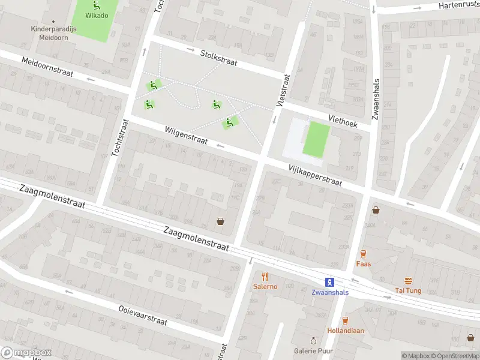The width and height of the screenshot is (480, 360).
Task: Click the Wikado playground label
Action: [97, 16]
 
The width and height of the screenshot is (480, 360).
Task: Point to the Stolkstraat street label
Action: [218, 58]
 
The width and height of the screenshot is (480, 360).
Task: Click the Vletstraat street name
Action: [283, 91]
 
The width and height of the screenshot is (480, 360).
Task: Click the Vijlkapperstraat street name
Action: [314, 175]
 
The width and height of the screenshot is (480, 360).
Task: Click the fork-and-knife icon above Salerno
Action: [265, 277]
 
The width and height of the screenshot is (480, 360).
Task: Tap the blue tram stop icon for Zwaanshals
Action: [329, 282]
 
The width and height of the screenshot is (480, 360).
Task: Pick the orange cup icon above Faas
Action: [363, 254]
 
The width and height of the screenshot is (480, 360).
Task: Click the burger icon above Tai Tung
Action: [408, 281]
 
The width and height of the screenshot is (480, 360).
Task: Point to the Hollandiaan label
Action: [346, 331]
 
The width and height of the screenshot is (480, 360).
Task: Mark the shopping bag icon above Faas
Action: [376, 210]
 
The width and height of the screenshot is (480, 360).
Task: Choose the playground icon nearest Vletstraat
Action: [229, 123]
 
